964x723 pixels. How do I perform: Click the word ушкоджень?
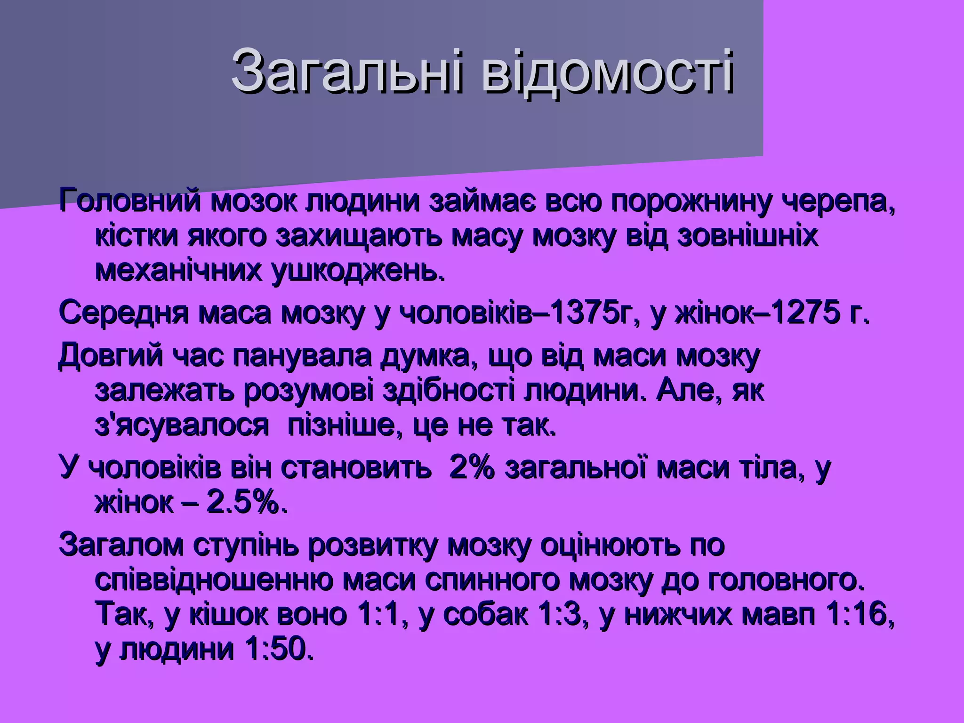point(357,270)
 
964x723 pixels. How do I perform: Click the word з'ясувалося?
point(181,425)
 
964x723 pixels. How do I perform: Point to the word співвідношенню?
point(214,580)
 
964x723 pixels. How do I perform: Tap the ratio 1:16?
point(859,615)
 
